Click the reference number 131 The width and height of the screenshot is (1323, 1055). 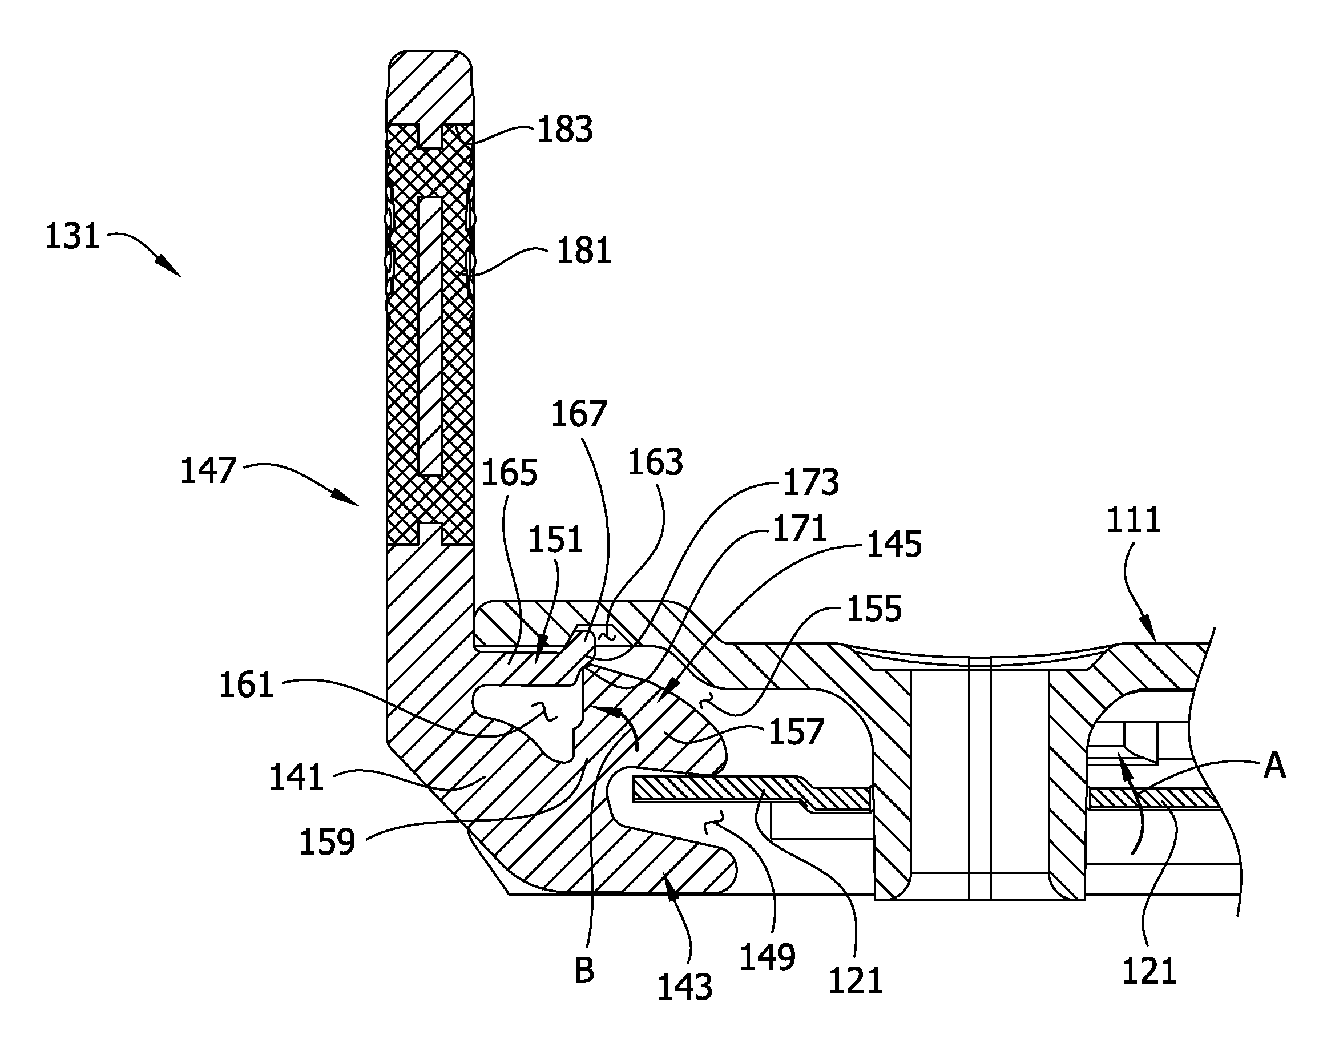click(72, 236)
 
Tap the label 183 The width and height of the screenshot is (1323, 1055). click(565, 130)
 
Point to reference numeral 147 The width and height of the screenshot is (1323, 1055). click(208, 471)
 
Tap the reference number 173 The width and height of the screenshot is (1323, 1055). click(811, 482)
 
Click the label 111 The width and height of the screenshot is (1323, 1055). click(1134, 520)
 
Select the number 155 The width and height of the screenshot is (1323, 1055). click(874, 609)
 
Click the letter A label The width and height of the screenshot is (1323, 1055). click(1274, 766)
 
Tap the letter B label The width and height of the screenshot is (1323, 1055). click(583, 971)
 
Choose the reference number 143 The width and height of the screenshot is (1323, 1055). click(685, 988)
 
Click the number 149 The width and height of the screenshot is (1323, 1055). click(768, 957)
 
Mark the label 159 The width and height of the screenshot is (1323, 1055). click(327, 841)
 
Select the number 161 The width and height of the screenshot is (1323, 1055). click(246, 685)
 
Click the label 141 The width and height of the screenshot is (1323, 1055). click(296, 778)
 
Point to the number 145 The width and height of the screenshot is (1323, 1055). click(893, 545)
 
